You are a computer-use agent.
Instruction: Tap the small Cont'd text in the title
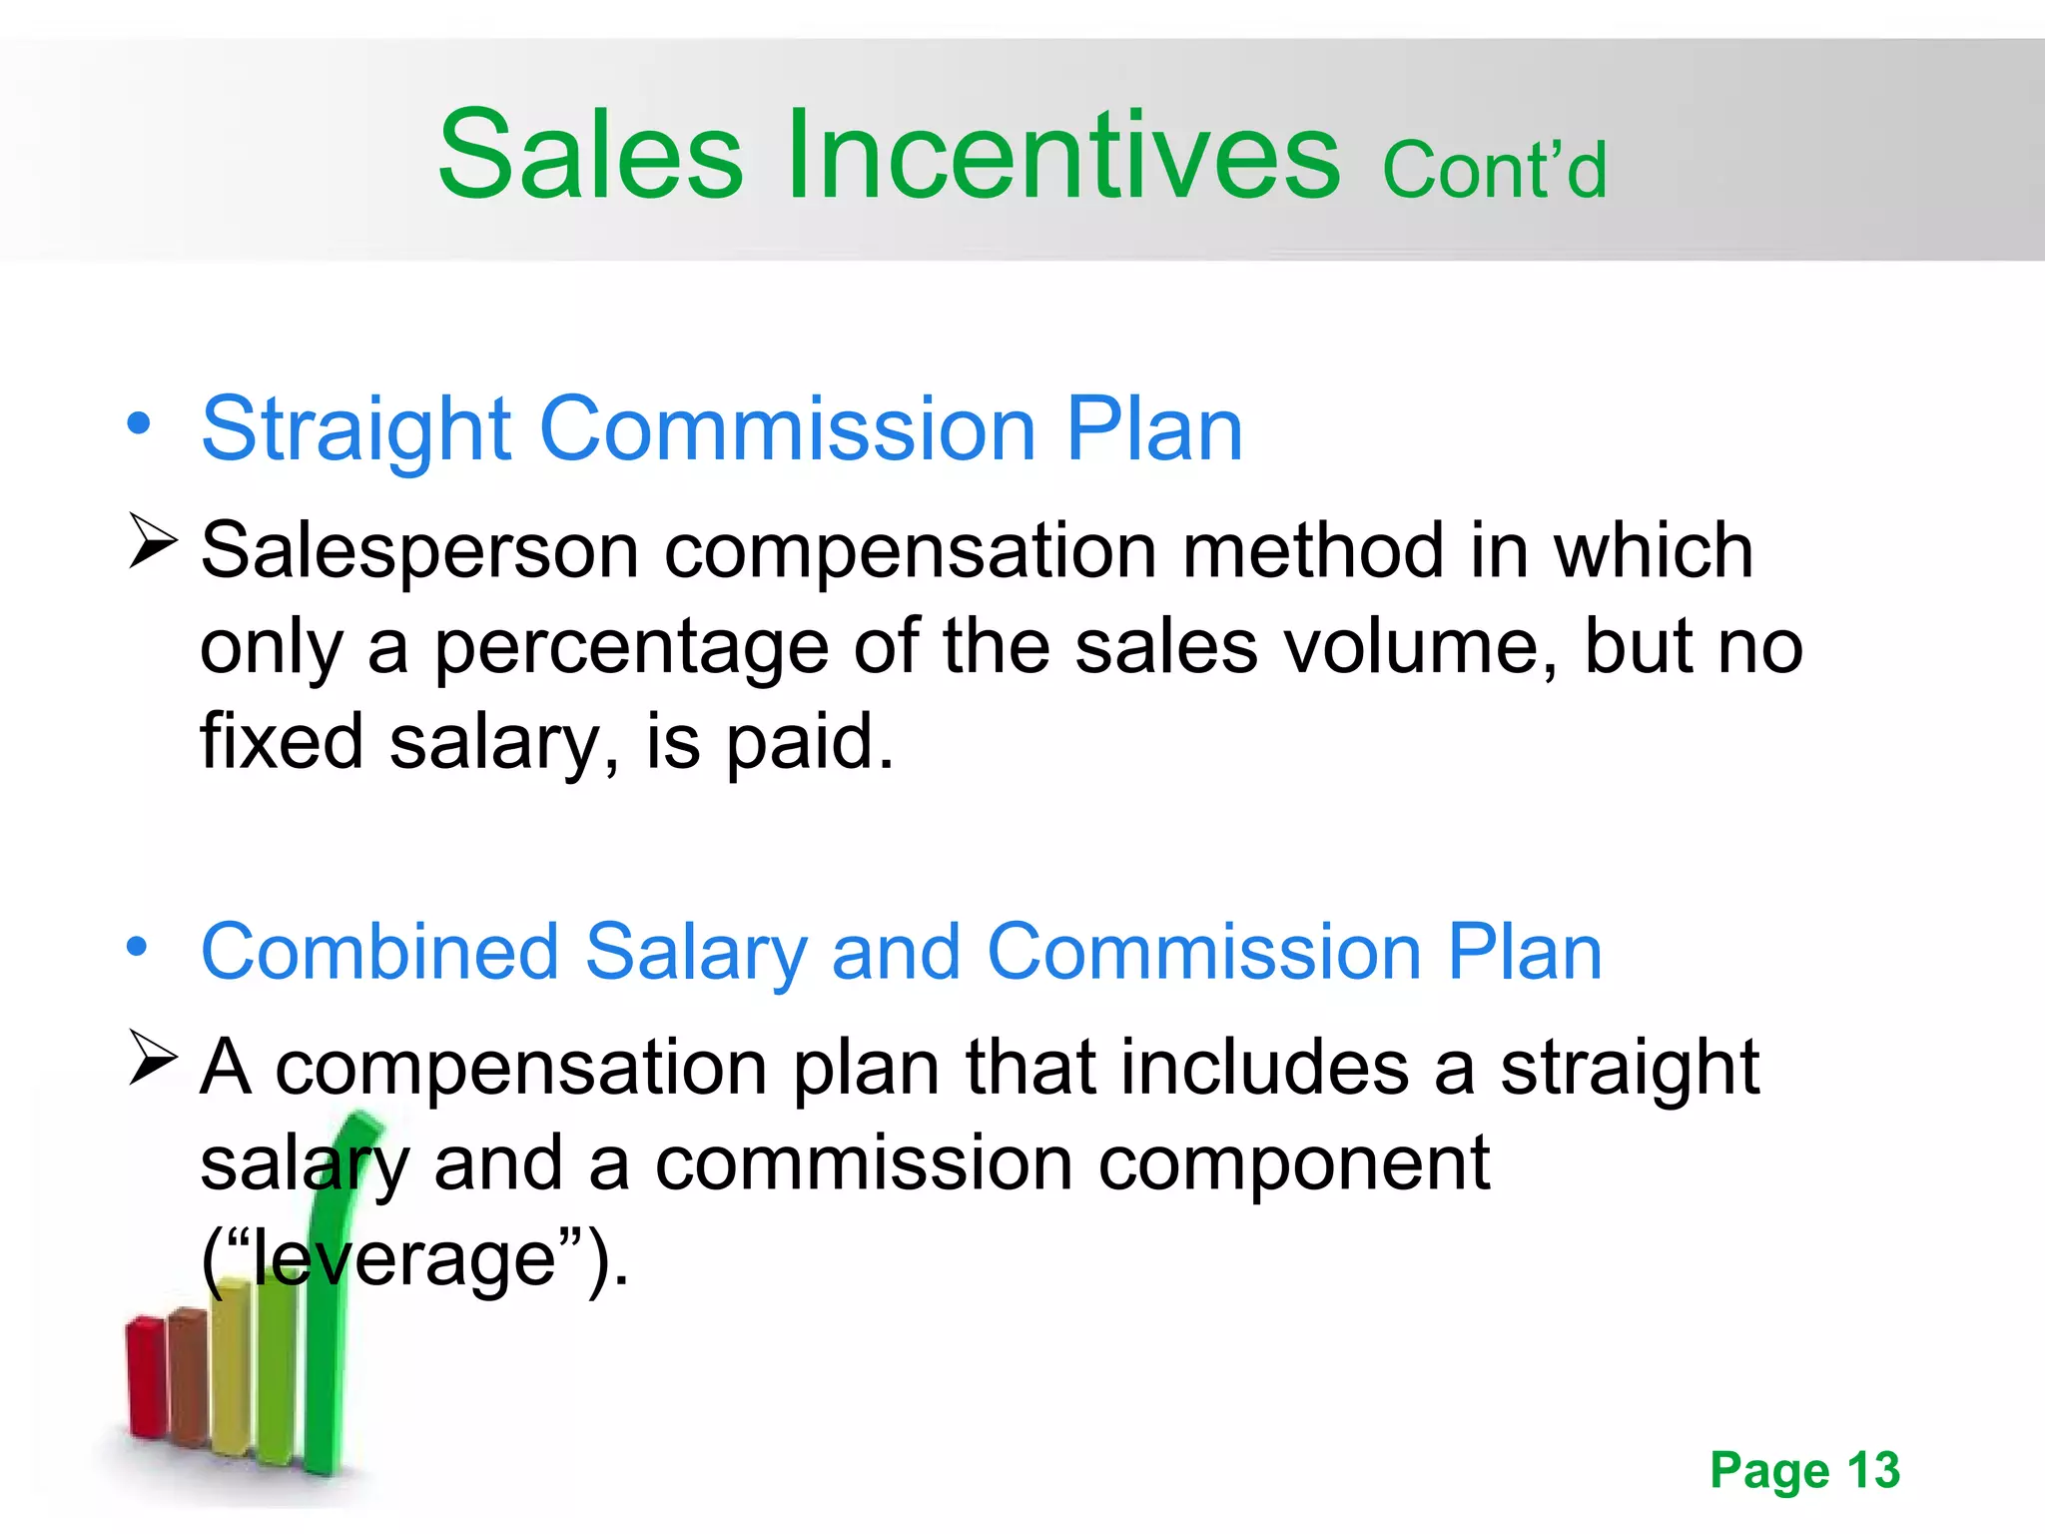click(1494, 170)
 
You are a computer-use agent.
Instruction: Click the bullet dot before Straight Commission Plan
click(139, 422)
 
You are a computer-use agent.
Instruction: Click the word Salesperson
click(419, 552)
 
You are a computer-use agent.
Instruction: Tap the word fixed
click(282, 742)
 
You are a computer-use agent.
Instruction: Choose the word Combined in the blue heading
click(379, 952)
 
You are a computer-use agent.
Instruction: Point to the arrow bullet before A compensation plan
click(153, 1059)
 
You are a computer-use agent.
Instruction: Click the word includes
click(1264, 1068)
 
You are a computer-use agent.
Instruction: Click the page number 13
click(1873, 1470)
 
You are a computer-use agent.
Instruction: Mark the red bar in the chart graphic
click(146, 1378)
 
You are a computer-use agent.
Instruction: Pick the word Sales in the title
click(591, 156)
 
